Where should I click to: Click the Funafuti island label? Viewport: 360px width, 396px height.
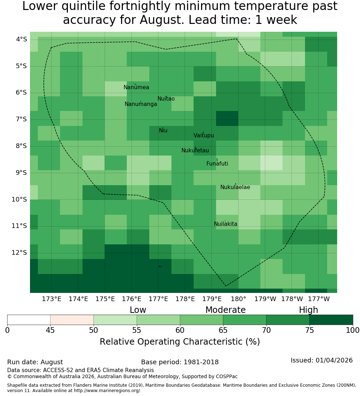pyautogui.click(x=217, y=164)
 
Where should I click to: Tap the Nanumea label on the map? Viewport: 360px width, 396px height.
pyautogui.click(x=136, y=87)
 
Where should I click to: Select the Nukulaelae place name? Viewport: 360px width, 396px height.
pyautogui.click(x=235, y=187)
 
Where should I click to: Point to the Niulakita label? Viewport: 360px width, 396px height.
pyautogui.click(x=225, y=224)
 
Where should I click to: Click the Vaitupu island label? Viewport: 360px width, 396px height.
pyautogui.click(x=204, y=135)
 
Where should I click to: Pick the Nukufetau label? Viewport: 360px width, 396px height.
pyautogui.click(x=195, y=151)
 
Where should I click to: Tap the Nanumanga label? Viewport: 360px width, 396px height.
pyautogui.click(x=141, y=104)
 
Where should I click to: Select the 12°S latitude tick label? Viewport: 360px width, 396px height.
pyautogui.click(x=19, y=253)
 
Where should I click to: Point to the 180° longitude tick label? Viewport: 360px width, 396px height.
pyautogui.click(x=239, y=299)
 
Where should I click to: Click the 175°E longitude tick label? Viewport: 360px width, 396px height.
pyautogui.click(x=105, y=299)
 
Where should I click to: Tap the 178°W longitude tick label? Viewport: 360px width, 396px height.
pyautogui.click(x=292, y=299)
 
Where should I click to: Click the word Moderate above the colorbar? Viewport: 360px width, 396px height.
pyautogui.click(x=225, y=310)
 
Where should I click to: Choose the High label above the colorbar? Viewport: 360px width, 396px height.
pyautogui.click(x=309, y=310)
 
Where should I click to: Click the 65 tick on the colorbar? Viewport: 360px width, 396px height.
pyautogui.click(x=223, y=330)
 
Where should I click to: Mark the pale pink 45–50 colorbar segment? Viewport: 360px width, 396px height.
pyautogui.click(x=72, y=320)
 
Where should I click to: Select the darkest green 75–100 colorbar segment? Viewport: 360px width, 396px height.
pyautogui.click(x=331, y=320)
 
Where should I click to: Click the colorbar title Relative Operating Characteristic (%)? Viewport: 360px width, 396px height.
pyautogui.click(x=180, y=342)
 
